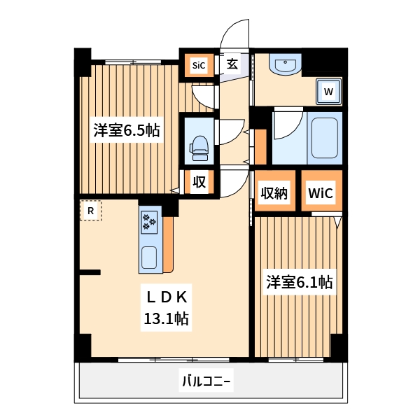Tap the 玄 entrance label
coord(232,64)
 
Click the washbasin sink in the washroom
coord(286,66)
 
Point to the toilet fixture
coord(199,146)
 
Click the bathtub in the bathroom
coord(324,137)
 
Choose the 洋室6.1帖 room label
coord(298,283)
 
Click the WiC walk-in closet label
coord(322,192)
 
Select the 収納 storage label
coord(274,192)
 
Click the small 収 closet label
coord(199,183)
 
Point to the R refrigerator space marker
coord(90,210)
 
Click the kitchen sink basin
coord(149,258)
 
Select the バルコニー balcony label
coord(206,381)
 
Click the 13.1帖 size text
coord(166,319)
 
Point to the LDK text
coord(166,297)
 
